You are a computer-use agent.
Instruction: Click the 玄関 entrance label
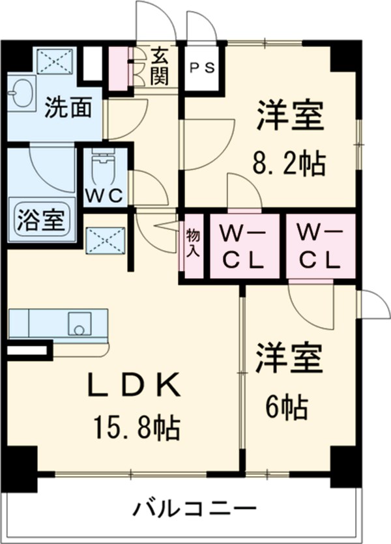coord(159,66)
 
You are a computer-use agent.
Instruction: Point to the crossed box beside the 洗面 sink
coord(55,62)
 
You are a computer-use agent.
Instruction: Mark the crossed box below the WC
coord(104,239)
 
